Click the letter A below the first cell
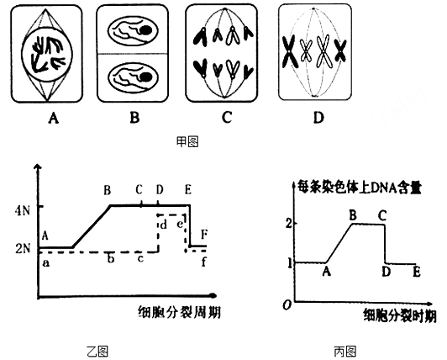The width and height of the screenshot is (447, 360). tap(54, 118)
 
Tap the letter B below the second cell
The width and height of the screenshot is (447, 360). tap(134, 118)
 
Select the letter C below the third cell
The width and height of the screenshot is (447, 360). tap(227, 117)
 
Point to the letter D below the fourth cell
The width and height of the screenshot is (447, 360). tap(318, 117)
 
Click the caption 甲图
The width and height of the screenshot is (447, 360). tap(187, 142)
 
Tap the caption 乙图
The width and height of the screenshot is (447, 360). tap(97, 352)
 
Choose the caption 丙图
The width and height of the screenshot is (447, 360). tap(345, 352)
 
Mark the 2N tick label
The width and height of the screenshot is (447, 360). tap(23, 249)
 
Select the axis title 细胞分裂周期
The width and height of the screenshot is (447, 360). tap(179, 312)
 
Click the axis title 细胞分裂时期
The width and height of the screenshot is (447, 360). tap(400, 315)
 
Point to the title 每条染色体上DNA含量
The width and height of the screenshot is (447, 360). tap(359, 188)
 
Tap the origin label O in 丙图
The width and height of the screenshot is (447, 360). tap(287, 305)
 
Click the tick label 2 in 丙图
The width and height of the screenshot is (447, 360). tap(289, 223)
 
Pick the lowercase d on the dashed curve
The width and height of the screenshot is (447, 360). tap(163, 225)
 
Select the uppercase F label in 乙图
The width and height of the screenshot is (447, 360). tap(204, 235)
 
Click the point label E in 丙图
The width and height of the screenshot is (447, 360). tap(417, 272)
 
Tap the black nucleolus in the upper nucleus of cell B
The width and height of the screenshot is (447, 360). tap(146, 30)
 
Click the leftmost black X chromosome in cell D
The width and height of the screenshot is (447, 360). tap(290, 53)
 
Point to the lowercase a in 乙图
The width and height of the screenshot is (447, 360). tap(45, 263)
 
